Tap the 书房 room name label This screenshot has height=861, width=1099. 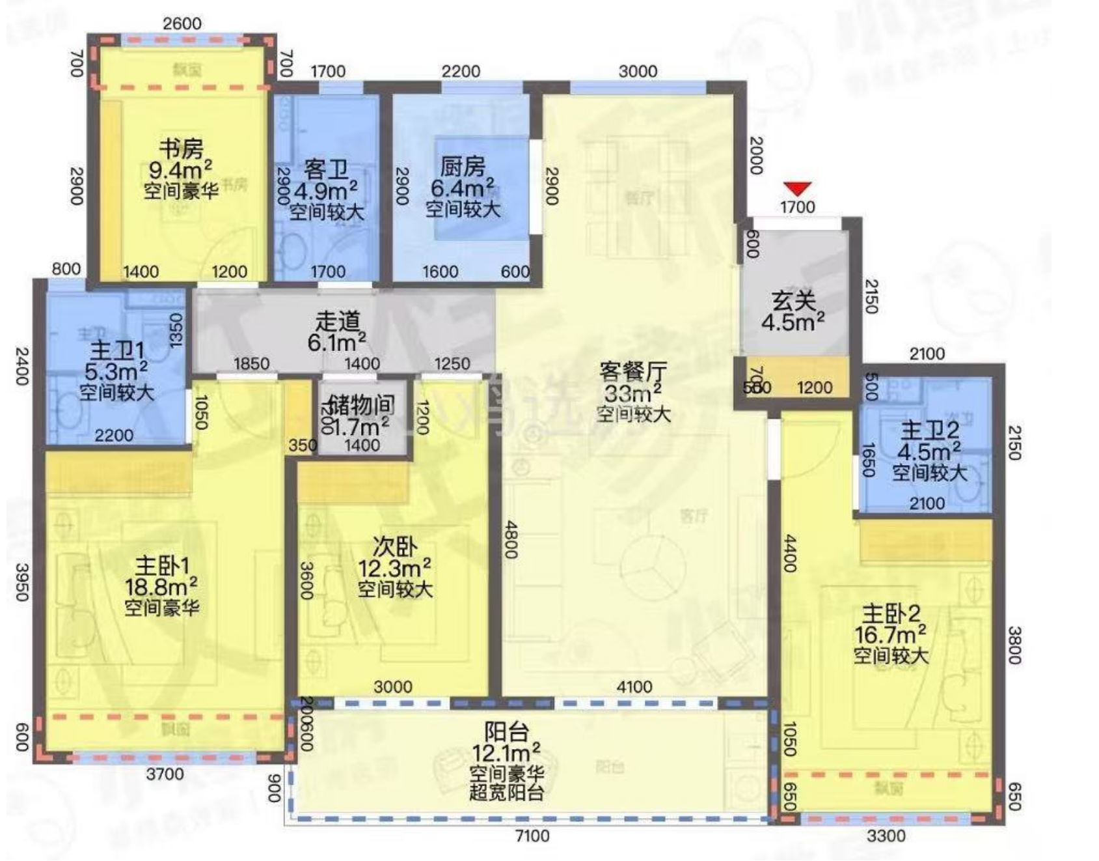point(181,148)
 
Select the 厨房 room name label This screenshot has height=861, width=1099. point(463,167)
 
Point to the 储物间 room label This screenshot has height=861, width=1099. point(362,405)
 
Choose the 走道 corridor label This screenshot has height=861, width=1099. point(337,321)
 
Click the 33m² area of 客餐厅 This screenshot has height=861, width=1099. point(633,393)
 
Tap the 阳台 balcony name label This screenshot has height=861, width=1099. point(506,732)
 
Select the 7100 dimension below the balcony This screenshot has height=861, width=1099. point(532,836)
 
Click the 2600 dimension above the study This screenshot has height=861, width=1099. point(182,23)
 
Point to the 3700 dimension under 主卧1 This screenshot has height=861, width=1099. point(165,774)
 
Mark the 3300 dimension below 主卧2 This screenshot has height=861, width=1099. point(886,836)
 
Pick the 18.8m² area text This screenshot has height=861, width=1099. point(161,586)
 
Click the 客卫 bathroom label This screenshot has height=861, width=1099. point(326,171)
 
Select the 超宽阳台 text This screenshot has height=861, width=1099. point(506,793)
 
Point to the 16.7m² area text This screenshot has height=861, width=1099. point(891,634)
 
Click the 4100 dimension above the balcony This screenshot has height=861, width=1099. point(634,687)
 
